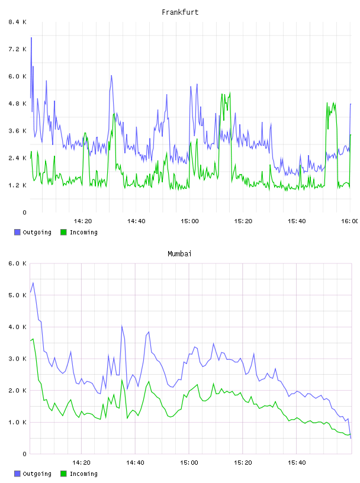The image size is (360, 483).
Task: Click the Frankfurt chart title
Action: pyautogui.click(x=180, y=12)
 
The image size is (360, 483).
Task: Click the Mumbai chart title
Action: pyautogui.click(x=179, y=254)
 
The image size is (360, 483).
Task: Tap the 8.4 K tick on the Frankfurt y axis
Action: pyautogui.click(x=18, y=22)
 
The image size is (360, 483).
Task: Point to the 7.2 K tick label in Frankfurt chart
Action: pyautogui.click(x=18, y=49)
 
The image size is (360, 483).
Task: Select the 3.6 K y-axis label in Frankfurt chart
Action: pyautogui.click(x=18, y=131)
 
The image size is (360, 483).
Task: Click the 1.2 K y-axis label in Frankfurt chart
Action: pyautogui.click(x=18, y=185)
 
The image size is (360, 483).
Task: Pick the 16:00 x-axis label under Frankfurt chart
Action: pyautogui.click(x=349, y=221)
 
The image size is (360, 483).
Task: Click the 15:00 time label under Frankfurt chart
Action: pyautogui.click(x=189, y=221)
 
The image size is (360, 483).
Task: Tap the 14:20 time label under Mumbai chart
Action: pyautogui.click(x=81, y=463)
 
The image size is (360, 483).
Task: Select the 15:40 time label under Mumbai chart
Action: pyautogui.click(x=297, y=463)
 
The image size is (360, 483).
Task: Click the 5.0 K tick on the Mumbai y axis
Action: pyautogui.click(x=18, y=295)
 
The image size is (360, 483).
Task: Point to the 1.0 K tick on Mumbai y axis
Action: pyautogui.click(x=18, y=422)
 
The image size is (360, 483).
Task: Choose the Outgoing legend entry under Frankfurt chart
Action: pyautogui.click(x=33, y=232)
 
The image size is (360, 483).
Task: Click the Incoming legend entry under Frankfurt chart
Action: pyautogui.click(x=79, y=232)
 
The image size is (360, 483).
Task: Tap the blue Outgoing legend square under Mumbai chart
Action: pyautogui.click(x=17, y=474)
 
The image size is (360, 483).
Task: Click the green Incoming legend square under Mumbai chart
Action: pyautogui.click(x=63, y=474)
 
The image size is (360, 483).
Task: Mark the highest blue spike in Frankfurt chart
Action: pyautogui.click(x=31, y=37)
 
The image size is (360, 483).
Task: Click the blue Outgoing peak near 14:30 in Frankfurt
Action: pyautogui.click(x=111, y=76)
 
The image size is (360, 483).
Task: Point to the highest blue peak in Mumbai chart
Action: pyautogui.click(x=33, y=283)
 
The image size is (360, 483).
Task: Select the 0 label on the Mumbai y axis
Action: pyautogui.click(x=24, y=454)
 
